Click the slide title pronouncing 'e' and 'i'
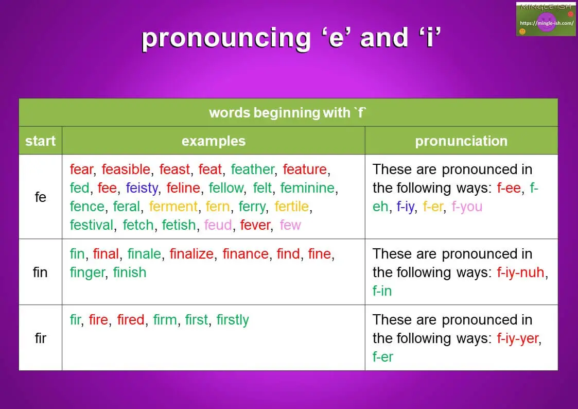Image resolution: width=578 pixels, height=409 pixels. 291,39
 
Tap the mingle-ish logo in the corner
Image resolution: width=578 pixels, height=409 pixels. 546,19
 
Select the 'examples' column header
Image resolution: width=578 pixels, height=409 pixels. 213,141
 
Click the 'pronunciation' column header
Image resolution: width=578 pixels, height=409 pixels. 461,141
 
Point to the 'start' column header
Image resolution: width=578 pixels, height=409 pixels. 40,141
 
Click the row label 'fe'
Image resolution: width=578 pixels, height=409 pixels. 40,197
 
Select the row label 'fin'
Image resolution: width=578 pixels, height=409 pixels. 40,272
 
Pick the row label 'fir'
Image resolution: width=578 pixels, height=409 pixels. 40,338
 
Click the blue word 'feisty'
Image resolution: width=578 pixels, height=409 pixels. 142,188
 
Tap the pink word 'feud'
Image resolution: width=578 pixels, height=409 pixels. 218,225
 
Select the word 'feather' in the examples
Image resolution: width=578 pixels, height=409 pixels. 253,169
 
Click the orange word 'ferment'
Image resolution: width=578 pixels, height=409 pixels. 173,207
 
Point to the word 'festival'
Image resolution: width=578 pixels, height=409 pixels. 92,225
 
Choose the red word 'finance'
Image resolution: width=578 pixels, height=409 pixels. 246,254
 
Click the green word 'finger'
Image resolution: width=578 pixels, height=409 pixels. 87,272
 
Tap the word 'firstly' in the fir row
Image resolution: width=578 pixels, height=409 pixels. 233,320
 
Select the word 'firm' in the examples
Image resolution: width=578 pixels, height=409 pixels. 165,320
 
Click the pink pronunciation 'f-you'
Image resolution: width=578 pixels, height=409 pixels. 467,207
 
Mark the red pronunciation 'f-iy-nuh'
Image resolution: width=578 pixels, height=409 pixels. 520,272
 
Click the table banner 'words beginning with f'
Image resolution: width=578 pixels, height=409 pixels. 288,113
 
